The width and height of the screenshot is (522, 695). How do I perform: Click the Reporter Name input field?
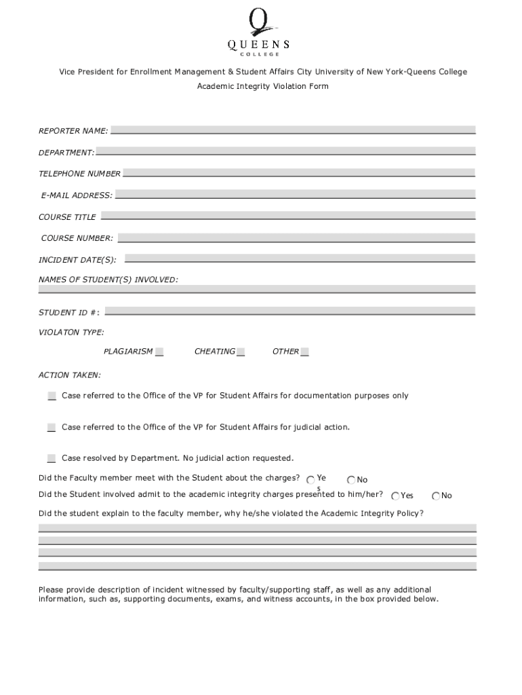point(293,130)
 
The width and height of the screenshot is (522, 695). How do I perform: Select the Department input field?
point(285,151)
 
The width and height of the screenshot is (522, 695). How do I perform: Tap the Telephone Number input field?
point(299,173)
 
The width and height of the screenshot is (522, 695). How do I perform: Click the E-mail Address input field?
point(295,195)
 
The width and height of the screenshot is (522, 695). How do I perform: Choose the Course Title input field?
point(288,217)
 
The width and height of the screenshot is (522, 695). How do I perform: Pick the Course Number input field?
point(296,238)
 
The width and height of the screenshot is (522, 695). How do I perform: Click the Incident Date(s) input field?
point(300,259)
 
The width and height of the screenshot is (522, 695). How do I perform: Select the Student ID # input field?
point(290,312)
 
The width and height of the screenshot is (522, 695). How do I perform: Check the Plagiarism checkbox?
point(159,352)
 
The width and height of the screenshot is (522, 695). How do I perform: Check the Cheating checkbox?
point(241,352)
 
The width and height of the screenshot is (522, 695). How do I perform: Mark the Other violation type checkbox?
point(305,352)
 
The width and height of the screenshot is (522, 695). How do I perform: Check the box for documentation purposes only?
point(52,396)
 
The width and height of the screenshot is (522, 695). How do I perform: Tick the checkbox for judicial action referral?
point(52,427)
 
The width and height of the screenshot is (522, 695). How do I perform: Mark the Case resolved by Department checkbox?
point(52,458)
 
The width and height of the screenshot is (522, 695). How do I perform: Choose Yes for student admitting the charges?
point(395,496)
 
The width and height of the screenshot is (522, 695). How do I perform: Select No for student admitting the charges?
point(436,496)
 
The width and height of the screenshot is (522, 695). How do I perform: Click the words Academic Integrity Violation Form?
point(262,86)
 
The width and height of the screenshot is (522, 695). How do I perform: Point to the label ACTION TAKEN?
point(70,375)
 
